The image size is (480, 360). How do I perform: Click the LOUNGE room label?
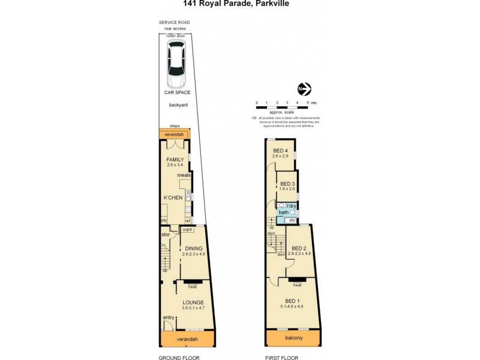193,302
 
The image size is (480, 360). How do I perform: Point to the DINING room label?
193,248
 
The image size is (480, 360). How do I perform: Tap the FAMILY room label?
175,159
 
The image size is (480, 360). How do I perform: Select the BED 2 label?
299,248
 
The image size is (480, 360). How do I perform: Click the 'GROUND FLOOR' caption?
179,358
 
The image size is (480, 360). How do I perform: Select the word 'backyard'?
178,105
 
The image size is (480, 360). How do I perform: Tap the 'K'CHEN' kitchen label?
174,197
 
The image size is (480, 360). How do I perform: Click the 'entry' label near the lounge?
169,317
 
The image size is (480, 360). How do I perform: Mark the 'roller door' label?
176,35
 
